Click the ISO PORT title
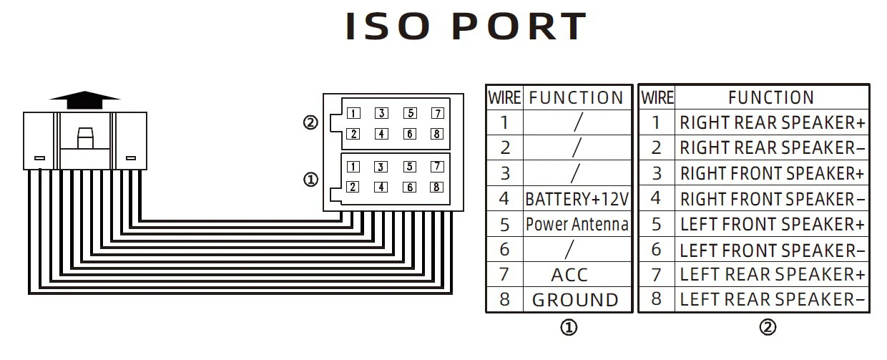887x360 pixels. [x=466, y=27]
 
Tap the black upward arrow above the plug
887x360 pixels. [x=84, y=99]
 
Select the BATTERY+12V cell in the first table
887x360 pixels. [x=577, y=199]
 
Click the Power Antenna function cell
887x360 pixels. [x=577, y=225]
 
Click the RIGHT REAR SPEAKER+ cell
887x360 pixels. [x=772, y=123]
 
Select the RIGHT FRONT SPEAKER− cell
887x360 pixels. [x=772, y=199]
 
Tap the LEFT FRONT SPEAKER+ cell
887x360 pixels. [x=772, y=225]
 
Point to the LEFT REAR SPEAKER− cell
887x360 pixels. [x=772, y=300]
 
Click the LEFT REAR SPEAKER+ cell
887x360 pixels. [x=772, y=275]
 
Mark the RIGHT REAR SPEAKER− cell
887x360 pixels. [x=772, y=148]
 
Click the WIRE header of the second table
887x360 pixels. [x=657, y=97]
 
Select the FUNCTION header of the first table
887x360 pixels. [x=576, y=97]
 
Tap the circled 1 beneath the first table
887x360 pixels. [x=569, y=328]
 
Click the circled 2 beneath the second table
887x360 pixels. [x=767, y=328]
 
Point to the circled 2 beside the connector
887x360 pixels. [x=310, y=123]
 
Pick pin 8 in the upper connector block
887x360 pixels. [x=437, y=134]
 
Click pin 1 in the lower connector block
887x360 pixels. [x=353, y=167]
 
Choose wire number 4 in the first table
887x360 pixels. [x=504, y=199]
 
